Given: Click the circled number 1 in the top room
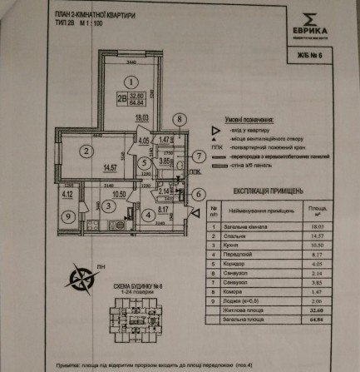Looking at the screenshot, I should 130,82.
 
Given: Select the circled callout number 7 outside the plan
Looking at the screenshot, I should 200,156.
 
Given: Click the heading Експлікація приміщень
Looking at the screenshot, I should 259,199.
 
